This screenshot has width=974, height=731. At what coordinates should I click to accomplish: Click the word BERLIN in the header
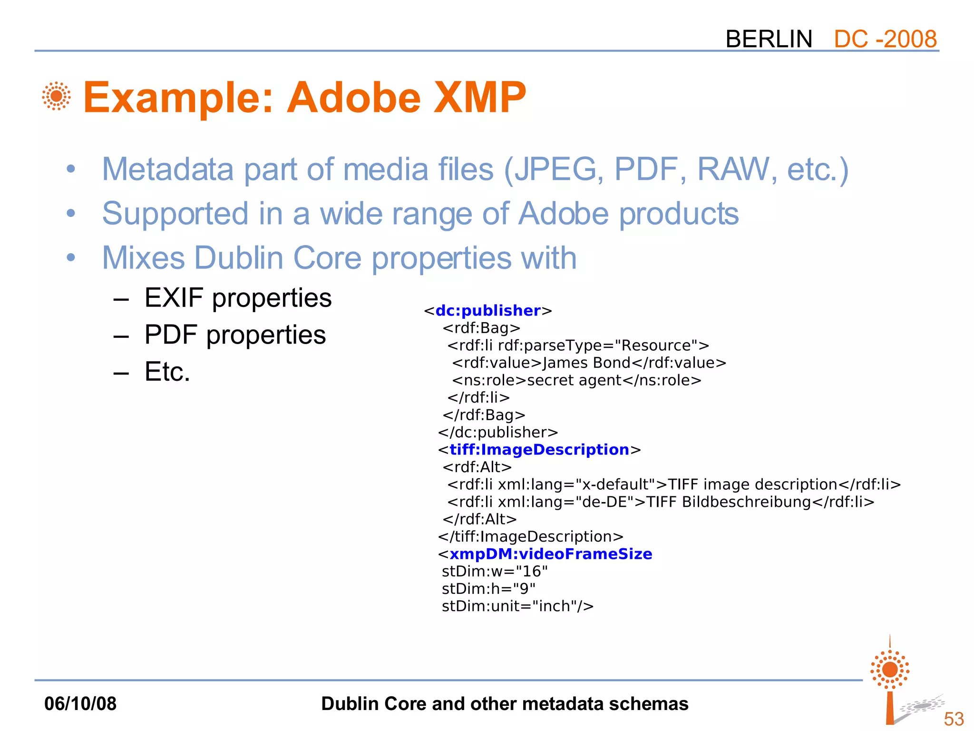769,39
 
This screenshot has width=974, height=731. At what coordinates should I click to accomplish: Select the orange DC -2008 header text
885,39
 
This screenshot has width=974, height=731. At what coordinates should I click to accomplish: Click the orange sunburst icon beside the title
57,96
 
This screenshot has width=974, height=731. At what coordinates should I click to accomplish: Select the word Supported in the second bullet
175,214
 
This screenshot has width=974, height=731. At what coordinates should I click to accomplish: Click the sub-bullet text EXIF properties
238,298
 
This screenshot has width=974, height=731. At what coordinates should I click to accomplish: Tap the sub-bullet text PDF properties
235,335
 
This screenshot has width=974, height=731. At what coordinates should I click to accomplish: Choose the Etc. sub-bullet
167,372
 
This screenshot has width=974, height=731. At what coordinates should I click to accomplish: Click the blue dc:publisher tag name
488,311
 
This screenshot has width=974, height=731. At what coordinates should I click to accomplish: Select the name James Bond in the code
586,363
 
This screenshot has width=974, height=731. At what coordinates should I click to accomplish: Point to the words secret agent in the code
574,380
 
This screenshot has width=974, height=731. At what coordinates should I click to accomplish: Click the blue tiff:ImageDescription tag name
539,450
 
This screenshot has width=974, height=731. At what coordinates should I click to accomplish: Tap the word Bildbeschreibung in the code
746,502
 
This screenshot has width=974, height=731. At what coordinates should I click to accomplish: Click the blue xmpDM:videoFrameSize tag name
551,554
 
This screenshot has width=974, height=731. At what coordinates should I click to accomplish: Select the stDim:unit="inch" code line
517,606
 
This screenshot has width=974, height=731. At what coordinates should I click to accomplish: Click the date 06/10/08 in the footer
80,704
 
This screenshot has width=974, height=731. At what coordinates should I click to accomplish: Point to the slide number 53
954,719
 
